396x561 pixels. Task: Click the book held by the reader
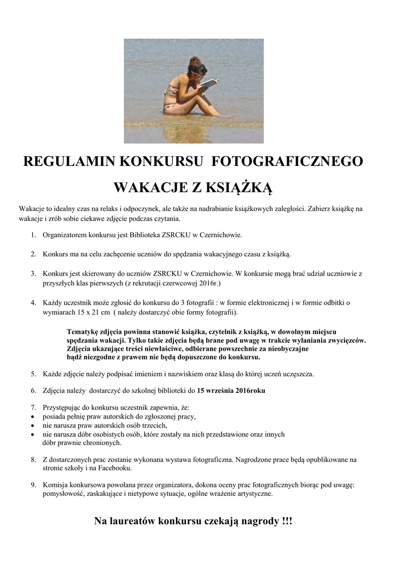(209, 83)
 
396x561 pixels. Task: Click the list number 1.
(33, 235)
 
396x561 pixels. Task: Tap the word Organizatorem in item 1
(64, 235)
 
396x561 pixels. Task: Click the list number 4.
(33, 302)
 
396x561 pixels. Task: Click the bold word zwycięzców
(345, 340)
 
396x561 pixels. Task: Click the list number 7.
(33, 408)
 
